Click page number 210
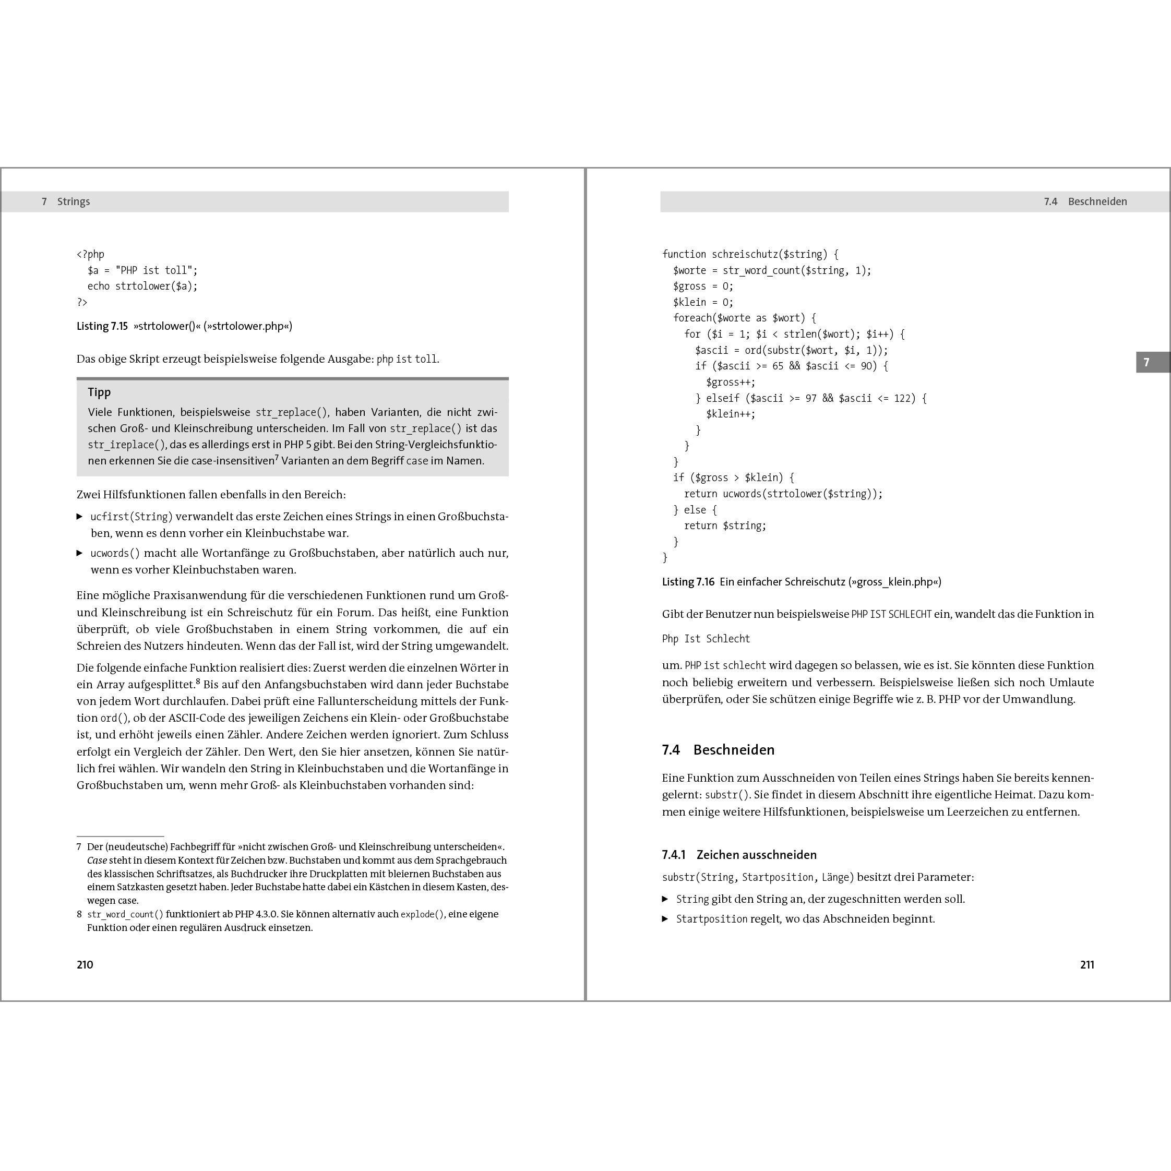tap(85, 964)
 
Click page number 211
tap(1087, 964)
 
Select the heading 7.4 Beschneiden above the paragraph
tap(718, 750)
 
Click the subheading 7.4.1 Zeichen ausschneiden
tap(739, 855)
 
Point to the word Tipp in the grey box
tap(99, 392)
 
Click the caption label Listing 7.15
tap(102, 326)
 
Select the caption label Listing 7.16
tap(688, 582)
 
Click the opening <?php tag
tap(90, 255)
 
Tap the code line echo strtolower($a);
tap(142, 286)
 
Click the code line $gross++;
tap(731, 382)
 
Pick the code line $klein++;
tap(731, 414)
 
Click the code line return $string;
tap(725, 525)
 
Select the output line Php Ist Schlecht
tap(706, 639)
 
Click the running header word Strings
tap(74, 202)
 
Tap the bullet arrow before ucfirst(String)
tap(80, 517)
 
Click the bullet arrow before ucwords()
tap(80, 553)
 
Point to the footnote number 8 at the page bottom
tap(79, 914)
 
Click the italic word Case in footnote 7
tap(97, 860)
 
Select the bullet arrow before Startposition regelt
tap(665, 919)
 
